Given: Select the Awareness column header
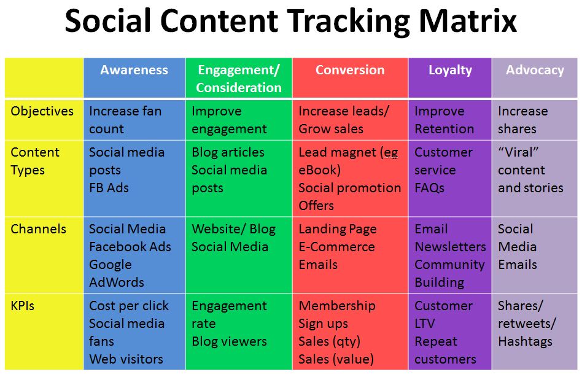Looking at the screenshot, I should (x=134, y=70).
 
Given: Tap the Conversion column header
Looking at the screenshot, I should (x=350, y=70).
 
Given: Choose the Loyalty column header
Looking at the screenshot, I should (x=450, y=70).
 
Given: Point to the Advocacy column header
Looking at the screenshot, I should (x=535, y=70).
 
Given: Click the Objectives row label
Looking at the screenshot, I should (x=42, y=111).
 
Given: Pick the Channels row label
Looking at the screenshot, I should (x=38, y=229).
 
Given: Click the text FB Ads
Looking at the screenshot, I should (x=109, y=188).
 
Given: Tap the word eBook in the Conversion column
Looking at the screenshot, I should (x=319, y=170).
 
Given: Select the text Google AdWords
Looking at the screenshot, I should (x=117, y=273).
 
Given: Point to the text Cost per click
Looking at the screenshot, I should (x=128, y=306).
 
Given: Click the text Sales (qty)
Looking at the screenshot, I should (x=329, y=341).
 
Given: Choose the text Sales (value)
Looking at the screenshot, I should (x=336, y=359).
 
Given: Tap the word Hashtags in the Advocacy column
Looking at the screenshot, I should (x=525, y=341).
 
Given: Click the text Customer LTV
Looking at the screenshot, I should (x=443, y=314).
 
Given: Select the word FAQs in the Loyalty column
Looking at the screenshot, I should (x=429, y=188).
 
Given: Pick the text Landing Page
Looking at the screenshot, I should (x=338, y=229).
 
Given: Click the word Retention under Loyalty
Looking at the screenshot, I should (x=444, y=129).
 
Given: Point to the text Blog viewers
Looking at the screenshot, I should (x=229, y=341).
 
